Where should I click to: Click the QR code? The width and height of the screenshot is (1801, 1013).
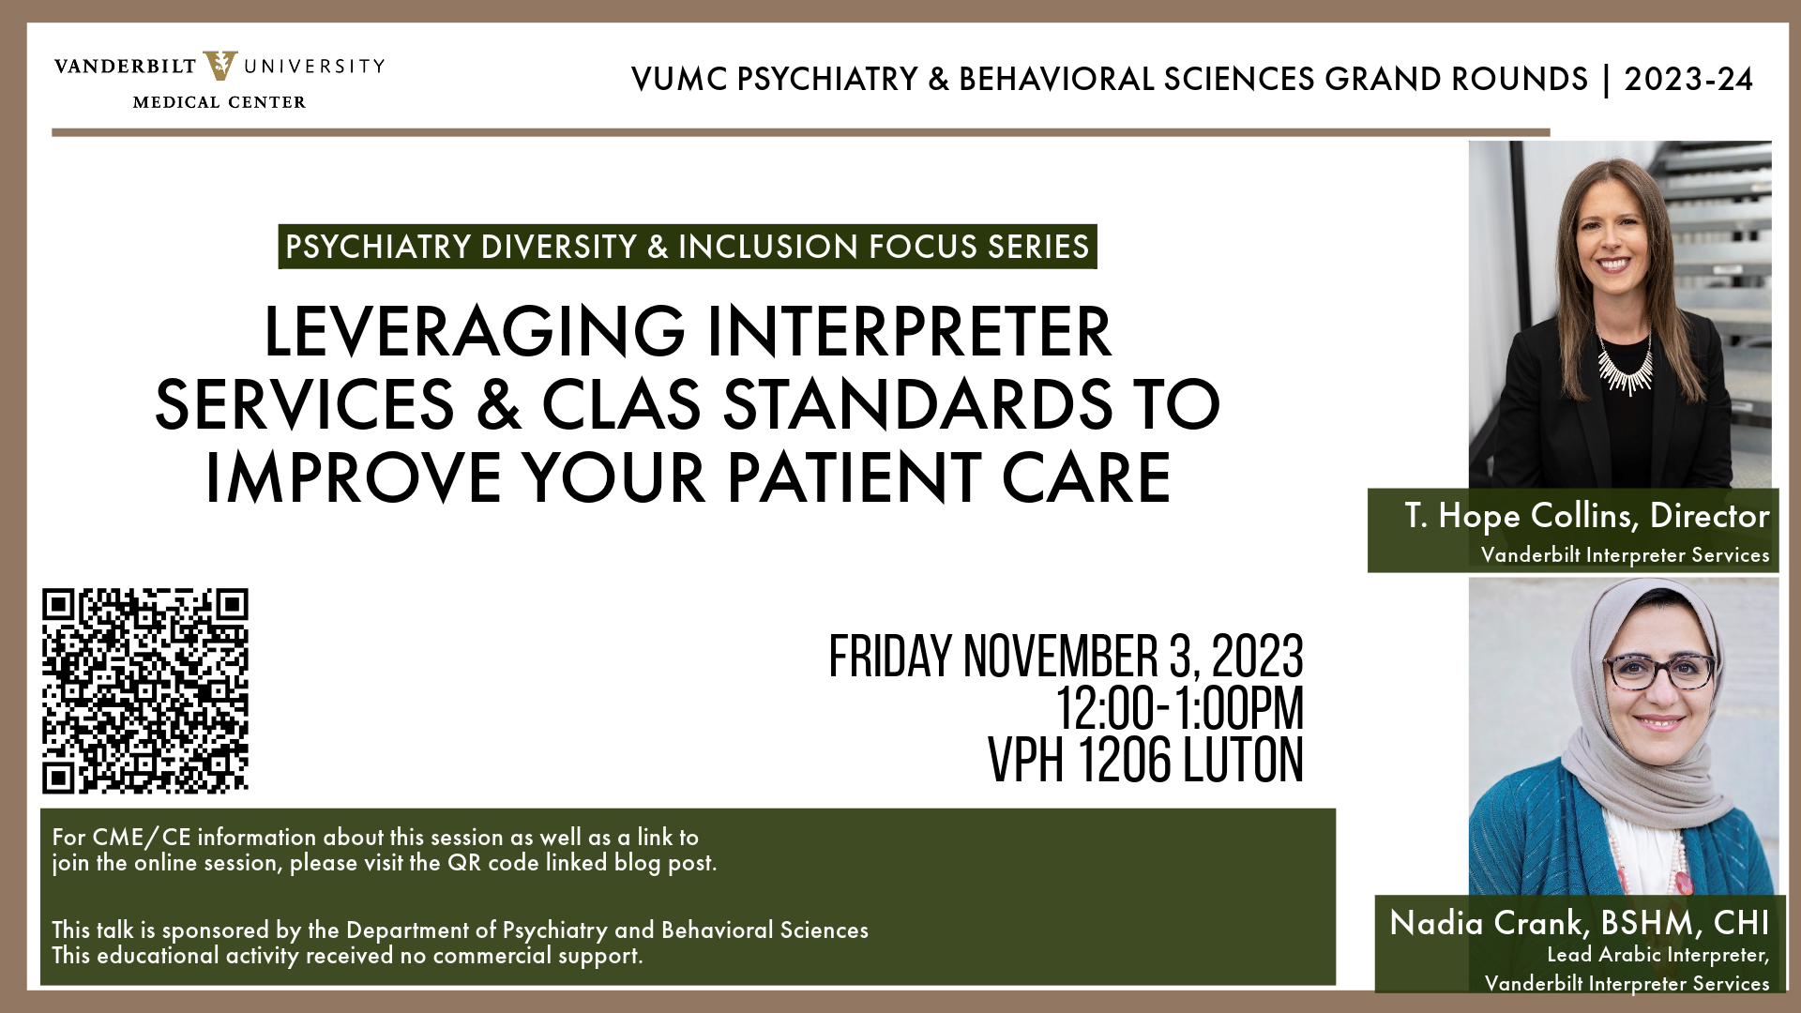click(145, 691)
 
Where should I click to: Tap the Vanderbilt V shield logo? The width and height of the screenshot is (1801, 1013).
click(220, 66)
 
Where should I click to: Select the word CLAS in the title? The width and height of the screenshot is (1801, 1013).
click(621, 405)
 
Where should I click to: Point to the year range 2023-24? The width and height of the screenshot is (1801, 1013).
click(1688, 80)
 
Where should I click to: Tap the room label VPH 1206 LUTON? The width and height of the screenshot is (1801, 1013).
click(1145, 760)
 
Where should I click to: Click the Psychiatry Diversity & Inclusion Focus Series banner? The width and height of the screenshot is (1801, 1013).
click(688, 247)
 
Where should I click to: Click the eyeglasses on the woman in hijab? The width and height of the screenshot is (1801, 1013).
click(1658, 671)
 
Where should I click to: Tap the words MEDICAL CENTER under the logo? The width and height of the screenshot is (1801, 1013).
click(219, 102)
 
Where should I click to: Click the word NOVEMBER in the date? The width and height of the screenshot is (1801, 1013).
click(1061, 657)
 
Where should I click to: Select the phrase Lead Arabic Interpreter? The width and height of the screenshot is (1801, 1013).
click(1657, 955)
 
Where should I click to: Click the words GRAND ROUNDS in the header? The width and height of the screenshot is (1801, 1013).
click(1456, 80)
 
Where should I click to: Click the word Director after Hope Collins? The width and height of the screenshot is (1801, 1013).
click(1709, 516)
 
